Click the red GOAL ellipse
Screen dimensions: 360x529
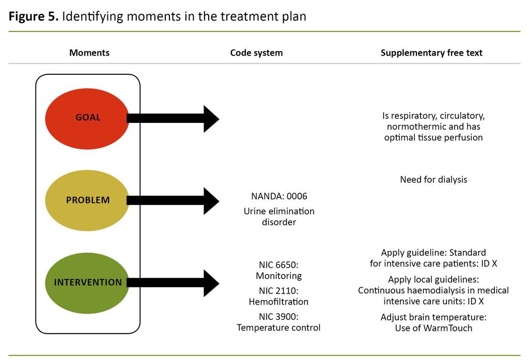[x=87, y=118]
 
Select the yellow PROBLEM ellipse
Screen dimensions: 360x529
[x=87, y=200]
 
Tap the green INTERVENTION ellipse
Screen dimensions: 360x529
[x=87, y=283]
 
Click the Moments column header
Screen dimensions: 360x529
[x=89, y=53]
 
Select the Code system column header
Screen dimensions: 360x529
[x=256, y=53]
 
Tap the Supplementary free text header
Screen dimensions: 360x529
[x=431, y=53]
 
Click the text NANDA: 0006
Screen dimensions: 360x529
[x=279, y=196]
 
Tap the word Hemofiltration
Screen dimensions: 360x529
[x=278, y=302]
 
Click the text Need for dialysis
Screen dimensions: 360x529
[x=433, y=180]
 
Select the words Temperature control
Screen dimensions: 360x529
[x=278, y=328]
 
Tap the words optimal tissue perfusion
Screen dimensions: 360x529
[x=433, y=137]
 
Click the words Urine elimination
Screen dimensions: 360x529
[x=279, y=211]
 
